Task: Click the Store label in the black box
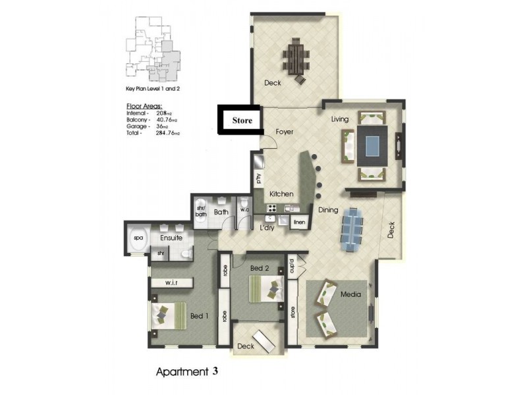[x=240, y=121]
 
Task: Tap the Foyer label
[x=284, y=132]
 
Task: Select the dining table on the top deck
[x=296, y=58]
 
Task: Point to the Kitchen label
[x=282, y=194]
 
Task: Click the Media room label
[x=350, y=294]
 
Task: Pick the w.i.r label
[x=171, y=282]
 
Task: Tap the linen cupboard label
[x=300, y=223]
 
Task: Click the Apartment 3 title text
[x=186, y=371]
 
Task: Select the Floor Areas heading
[x=143, y=106]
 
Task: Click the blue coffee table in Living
[x=373, y=145]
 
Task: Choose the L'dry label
[x=266, y=228]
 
